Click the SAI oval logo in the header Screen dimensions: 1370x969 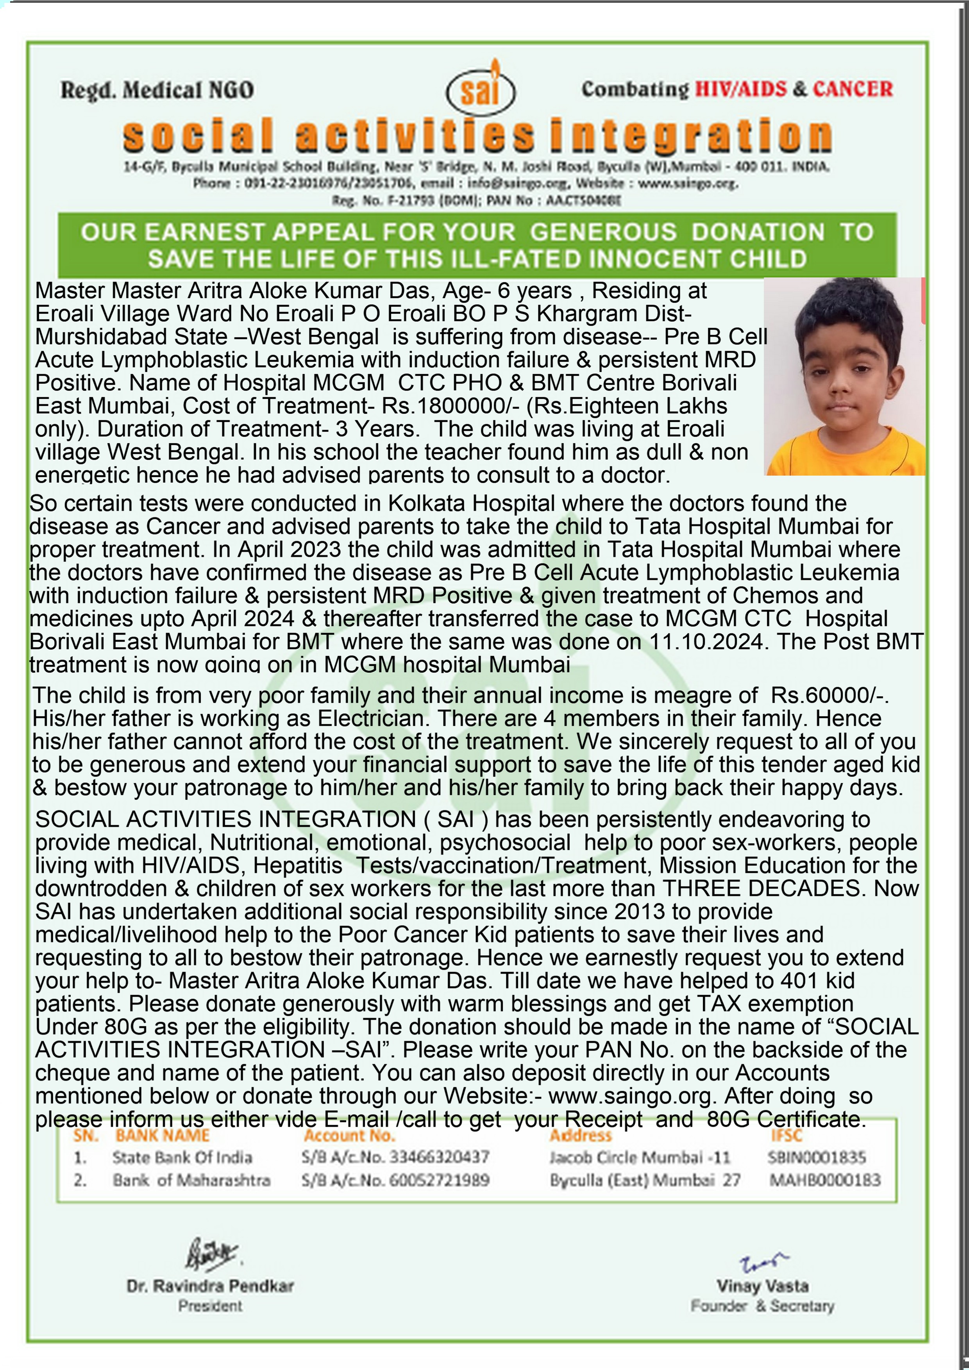[x=481, y=91]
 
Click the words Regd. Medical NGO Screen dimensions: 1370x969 [x=157, y=90]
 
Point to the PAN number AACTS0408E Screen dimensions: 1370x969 [x=583, y=200]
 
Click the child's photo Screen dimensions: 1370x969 [x=844, y=376]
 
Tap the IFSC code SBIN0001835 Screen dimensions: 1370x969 [x=816, y=1158]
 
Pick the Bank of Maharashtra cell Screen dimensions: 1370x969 [x=191, y=1180]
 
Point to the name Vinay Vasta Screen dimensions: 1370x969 [x=762, y=1286]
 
